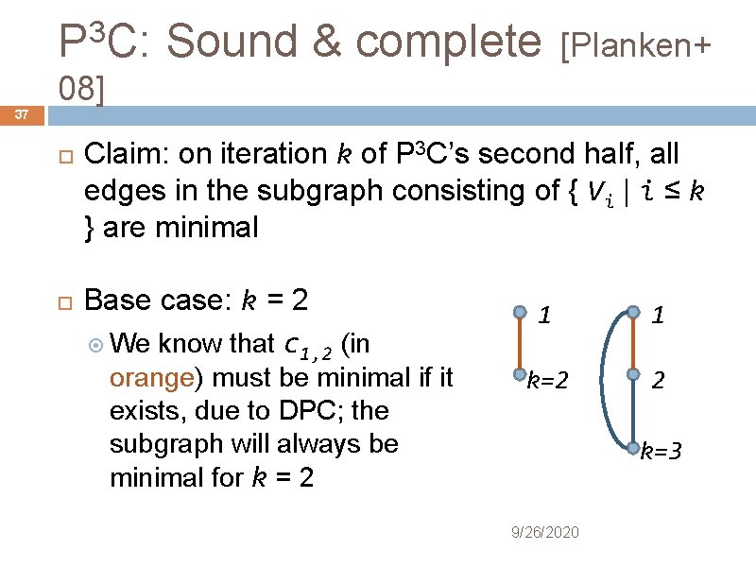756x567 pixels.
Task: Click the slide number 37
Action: click(22, 115)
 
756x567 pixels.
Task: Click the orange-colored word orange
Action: click(152, 378)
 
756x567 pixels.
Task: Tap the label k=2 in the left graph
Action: click(547, 382)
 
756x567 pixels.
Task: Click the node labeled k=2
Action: click(519, 375)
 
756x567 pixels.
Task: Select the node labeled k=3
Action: click(633, 445)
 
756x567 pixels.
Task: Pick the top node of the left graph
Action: click(519, 311)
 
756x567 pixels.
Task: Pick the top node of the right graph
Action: click(633, 311)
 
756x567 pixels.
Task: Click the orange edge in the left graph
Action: click(519, 343)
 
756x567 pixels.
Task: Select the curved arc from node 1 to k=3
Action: click(609, 378)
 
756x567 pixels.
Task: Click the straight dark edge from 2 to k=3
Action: click(633, 411)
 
